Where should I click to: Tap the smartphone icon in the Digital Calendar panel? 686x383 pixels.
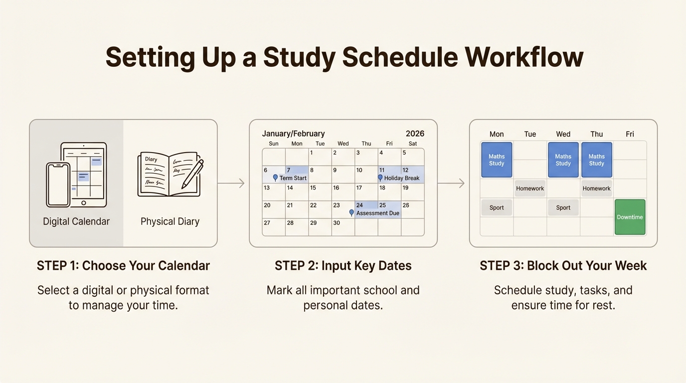(58, 185)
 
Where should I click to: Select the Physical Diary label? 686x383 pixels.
(170, 221)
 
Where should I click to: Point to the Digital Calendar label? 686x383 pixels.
(76, 221)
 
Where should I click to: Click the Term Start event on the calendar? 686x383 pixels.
(292, 178)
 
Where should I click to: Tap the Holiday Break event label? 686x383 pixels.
(401, 178)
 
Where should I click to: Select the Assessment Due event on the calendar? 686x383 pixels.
(377, 213)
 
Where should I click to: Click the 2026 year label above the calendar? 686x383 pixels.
(415, 134)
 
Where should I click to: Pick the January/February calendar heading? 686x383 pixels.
(293, 134)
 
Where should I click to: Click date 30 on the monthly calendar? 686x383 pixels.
(337, 223)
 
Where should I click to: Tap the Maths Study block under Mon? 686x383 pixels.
(497, 160)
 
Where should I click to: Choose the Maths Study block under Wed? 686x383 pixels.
(563, 160)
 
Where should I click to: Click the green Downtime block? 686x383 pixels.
(630, 217)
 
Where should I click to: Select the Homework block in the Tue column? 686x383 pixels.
(530, 189)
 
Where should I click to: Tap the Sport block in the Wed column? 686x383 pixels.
(563, 207)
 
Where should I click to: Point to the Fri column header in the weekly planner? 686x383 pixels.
(630, 134)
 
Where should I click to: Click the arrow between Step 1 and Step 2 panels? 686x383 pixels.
(232, 184)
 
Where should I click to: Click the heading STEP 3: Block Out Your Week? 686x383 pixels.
(563, 265)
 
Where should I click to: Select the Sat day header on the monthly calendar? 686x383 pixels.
(413, 144)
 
